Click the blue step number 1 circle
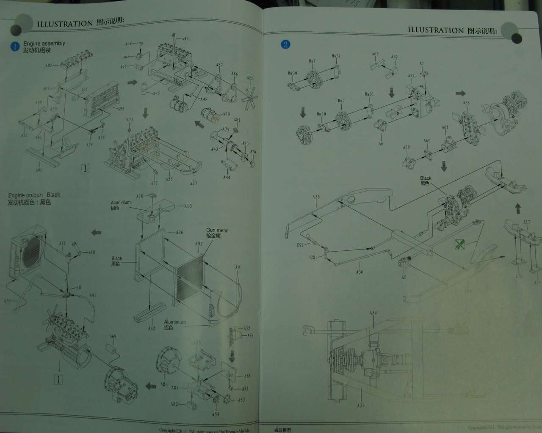tap(15, 46)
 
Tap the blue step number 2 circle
tap(285, 44)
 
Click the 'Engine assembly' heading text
tap(44, 43)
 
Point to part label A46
tap(185, 39)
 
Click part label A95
tap(39, 170)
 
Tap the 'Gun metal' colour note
tap(217, 230)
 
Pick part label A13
tap(188, 206)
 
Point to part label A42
tap(151, 328)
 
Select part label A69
tap(113, 337)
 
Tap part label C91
tap(300, 245)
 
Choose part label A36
tap(359, 272)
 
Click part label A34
tap(373, 312)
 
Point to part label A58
tap(466, 103)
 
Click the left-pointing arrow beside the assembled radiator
tap(97, 232)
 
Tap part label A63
tap(375, 54)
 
